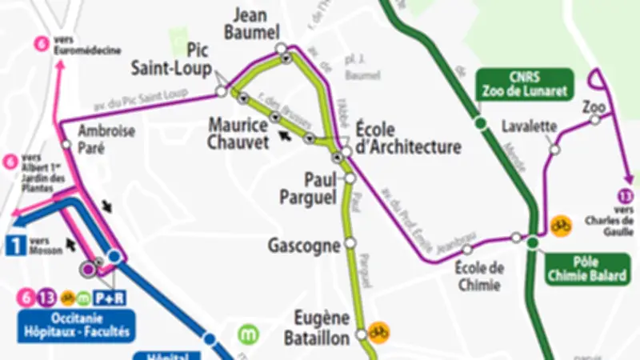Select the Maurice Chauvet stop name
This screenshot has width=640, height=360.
tap(238, 134)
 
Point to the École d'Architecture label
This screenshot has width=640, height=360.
tap(407, 138)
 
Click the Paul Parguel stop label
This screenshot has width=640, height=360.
tap(309, 186)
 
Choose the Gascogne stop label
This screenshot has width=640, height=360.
tap(304, 245)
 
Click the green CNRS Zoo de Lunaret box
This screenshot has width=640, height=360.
tap(524, 83)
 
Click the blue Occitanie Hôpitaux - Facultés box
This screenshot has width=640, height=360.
tap(75, 325)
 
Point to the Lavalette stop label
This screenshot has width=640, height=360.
tap(529, 126)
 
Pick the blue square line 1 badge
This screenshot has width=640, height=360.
tap(14, 244)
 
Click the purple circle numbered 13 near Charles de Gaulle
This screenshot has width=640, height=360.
tap(626, 194)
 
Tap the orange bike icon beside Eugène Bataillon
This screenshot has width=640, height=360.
tap(378, 330)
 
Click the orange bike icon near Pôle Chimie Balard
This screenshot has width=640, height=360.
tap(561, 226)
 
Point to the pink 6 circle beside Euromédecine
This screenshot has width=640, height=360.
tap(40, 43)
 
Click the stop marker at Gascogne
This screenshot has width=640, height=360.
tap(349, 243)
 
